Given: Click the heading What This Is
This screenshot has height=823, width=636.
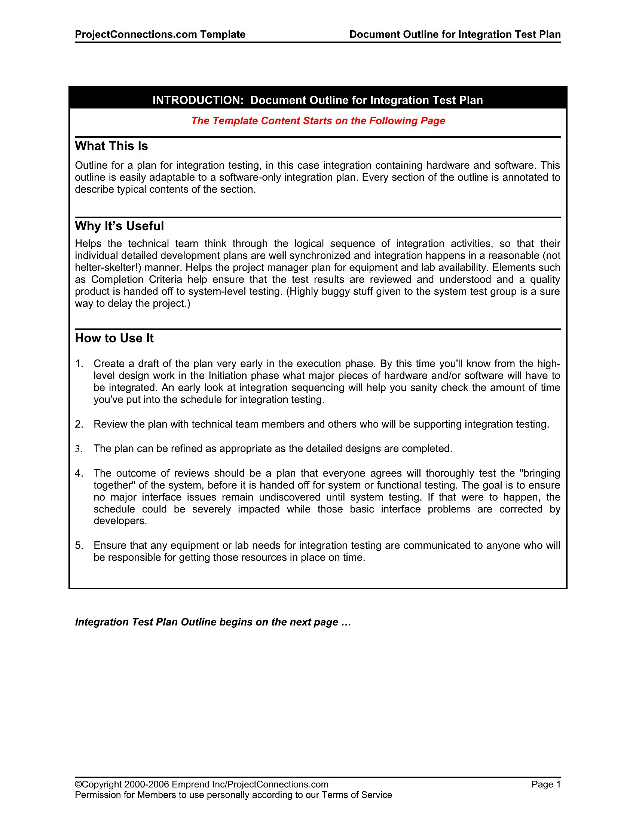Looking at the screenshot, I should coord(111,146).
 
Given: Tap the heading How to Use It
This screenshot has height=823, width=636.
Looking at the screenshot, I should coord(114,338).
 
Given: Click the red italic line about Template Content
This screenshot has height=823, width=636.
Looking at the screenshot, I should coord(318,120).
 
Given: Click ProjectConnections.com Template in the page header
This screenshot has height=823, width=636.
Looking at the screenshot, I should coord(160,34).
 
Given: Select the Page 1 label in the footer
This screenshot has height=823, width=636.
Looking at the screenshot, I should coord(546,784).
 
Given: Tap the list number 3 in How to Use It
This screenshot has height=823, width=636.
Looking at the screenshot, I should coord(78,449).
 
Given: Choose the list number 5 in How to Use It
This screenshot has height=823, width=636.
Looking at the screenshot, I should coord(78,545).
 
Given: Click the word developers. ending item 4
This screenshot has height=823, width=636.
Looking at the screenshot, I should coord(120,521).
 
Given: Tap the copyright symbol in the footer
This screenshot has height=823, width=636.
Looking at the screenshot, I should coord(78,784).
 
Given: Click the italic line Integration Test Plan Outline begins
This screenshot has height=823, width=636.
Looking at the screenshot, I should coord(213,622).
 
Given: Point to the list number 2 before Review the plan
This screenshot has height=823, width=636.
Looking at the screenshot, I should coord(78,424).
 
